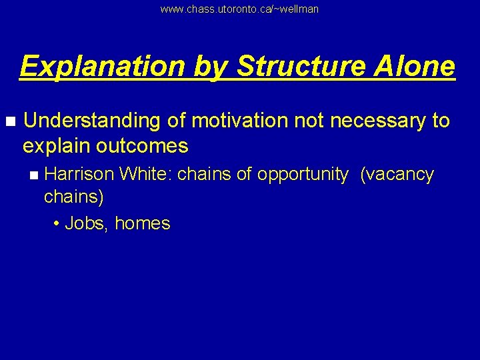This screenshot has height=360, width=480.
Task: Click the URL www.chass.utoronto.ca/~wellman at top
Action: (x=239, y=9)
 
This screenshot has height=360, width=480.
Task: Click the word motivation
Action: (x=237, y=121)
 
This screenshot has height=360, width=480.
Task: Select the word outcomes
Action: (x=141, y=145)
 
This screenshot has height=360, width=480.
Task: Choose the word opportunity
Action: (x=303, y=175)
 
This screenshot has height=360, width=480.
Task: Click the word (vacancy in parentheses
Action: (x=397, y=175)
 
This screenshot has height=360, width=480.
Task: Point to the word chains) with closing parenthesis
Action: (x=73, y=197)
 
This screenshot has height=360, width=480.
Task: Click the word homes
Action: (x=143, y=223)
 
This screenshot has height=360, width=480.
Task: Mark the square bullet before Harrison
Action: (x=34, y=175)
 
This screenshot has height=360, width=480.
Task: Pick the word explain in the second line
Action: (x=53, y=145)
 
